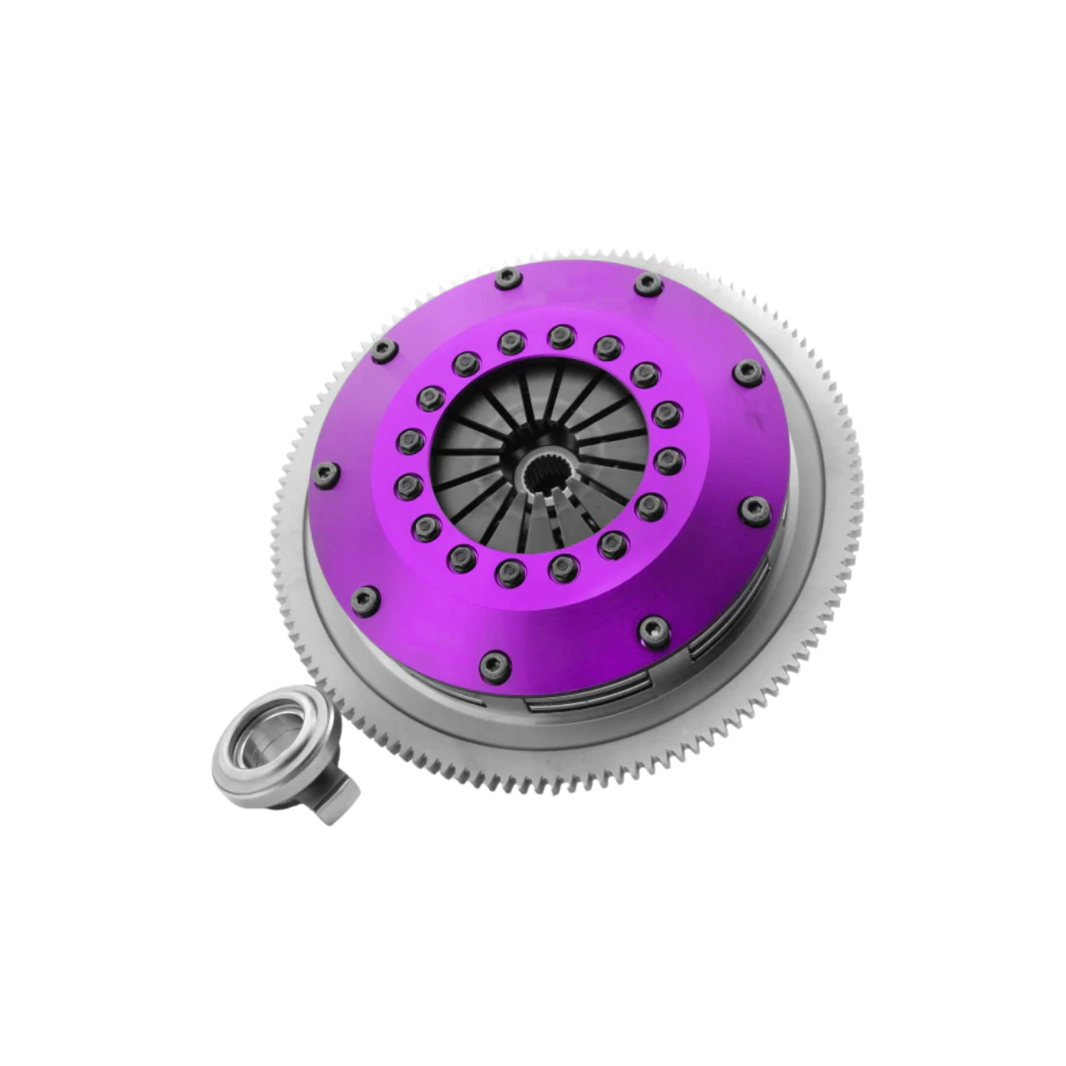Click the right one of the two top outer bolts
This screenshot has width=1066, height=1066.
click(x=647, y=283)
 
